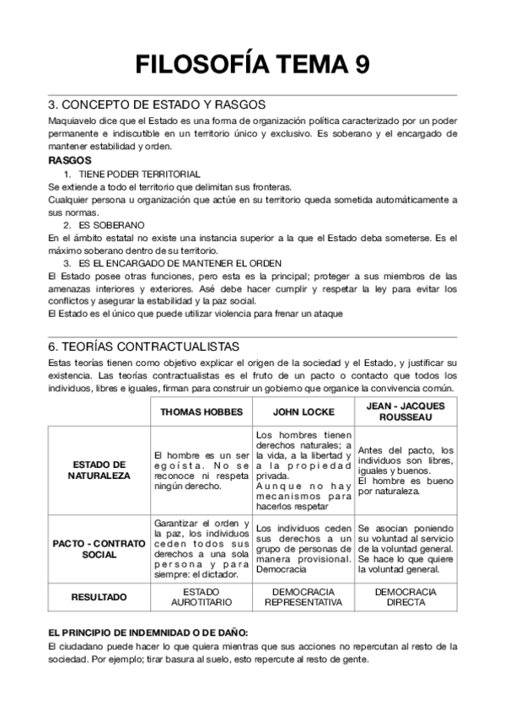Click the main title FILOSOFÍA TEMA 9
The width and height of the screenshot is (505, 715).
coord(252,64)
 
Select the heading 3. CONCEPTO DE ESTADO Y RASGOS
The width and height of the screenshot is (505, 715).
coord(157,105)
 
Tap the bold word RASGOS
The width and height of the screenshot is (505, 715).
coord(70,160)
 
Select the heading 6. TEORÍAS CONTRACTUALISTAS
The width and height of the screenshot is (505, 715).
coord(143,347)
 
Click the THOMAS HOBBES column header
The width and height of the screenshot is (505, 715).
coord(201,412)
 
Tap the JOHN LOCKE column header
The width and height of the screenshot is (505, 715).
coord(303,412)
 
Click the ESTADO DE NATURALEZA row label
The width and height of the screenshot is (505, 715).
coord(99,470)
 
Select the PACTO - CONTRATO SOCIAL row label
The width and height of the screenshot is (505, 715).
coord(99,549)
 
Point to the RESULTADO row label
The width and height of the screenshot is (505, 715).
coord(99,597)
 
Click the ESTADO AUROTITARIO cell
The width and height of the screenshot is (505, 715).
coord(201,598)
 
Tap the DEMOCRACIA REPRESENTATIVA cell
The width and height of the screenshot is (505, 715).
coord(303,598)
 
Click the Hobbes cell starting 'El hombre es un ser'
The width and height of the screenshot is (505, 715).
coord(201,470)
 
